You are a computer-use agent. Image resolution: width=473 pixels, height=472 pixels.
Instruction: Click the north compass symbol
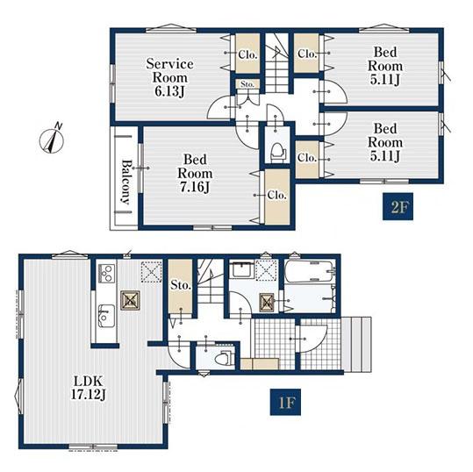pyautogui.click(x=52, y=139)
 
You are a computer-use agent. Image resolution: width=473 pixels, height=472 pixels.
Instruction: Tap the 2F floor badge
pyautogui.click(x=398, y=206)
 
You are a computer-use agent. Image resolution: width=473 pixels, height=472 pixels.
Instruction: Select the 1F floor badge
pyautogui.click(x=285, y=402)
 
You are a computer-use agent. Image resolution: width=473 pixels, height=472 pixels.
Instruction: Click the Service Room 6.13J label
pyautogui.click(x=170, y=77)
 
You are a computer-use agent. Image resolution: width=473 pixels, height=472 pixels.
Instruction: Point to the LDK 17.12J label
pyautogui.click(x=89, y=388)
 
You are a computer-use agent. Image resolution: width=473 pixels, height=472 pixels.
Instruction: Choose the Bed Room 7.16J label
pyautogui.click(x=195, y=173)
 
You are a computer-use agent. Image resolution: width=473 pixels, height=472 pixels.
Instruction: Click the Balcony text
pyautogui.click(x=126, y=182)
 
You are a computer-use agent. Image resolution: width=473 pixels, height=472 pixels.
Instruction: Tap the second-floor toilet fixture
pyautogui.click(x=276, y=152)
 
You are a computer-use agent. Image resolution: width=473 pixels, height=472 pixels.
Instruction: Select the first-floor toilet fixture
pyautogui.click(x=223, y=358)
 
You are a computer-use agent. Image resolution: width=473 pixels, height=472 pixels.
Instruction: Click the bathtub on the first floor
pyautogui.click(x=310, y=271)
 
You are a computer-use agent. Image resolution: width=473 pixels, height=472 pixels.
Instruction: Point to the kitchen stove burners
pyautogui.click(x=106, y=274)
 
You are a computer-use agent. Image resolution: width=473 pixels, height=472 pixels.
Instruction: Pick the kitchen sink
pyautogui.click(x=106, y=316)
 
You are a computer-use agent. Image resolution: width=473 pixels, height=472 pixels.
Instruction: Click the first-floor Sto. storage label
pyautogui.click(x=181, y=285)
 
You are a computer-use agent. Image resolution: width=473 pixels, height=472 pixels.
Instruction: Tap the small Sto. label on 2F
pyautogui.click(x=247, y=84)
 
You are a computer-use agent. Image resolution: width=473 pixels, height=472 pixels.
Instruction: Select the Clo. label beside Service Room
pyautogui.click(x=247, y=54)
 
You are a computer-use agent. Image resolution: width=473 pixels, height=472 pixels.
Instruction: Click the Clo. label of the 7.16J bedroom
pyautogui.click(x=276, y=195)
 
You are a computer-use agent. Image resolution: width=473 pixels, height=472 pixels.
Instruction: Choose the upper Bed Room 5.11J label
pyautogui.click(x=385, y=66)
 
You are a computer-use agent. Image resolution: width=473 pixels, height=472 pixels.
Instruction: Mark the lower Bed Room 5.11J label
pyautogui.click(x=385, y=142)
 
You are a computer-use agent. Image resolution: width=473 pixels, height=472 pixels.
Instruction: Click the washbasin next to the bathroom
pyautogui.click(x=241, y=270)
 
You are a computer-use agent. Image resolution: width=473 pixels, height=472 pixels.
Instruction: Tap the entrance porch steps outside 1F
pyautogui.click(x=358, y=344)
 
